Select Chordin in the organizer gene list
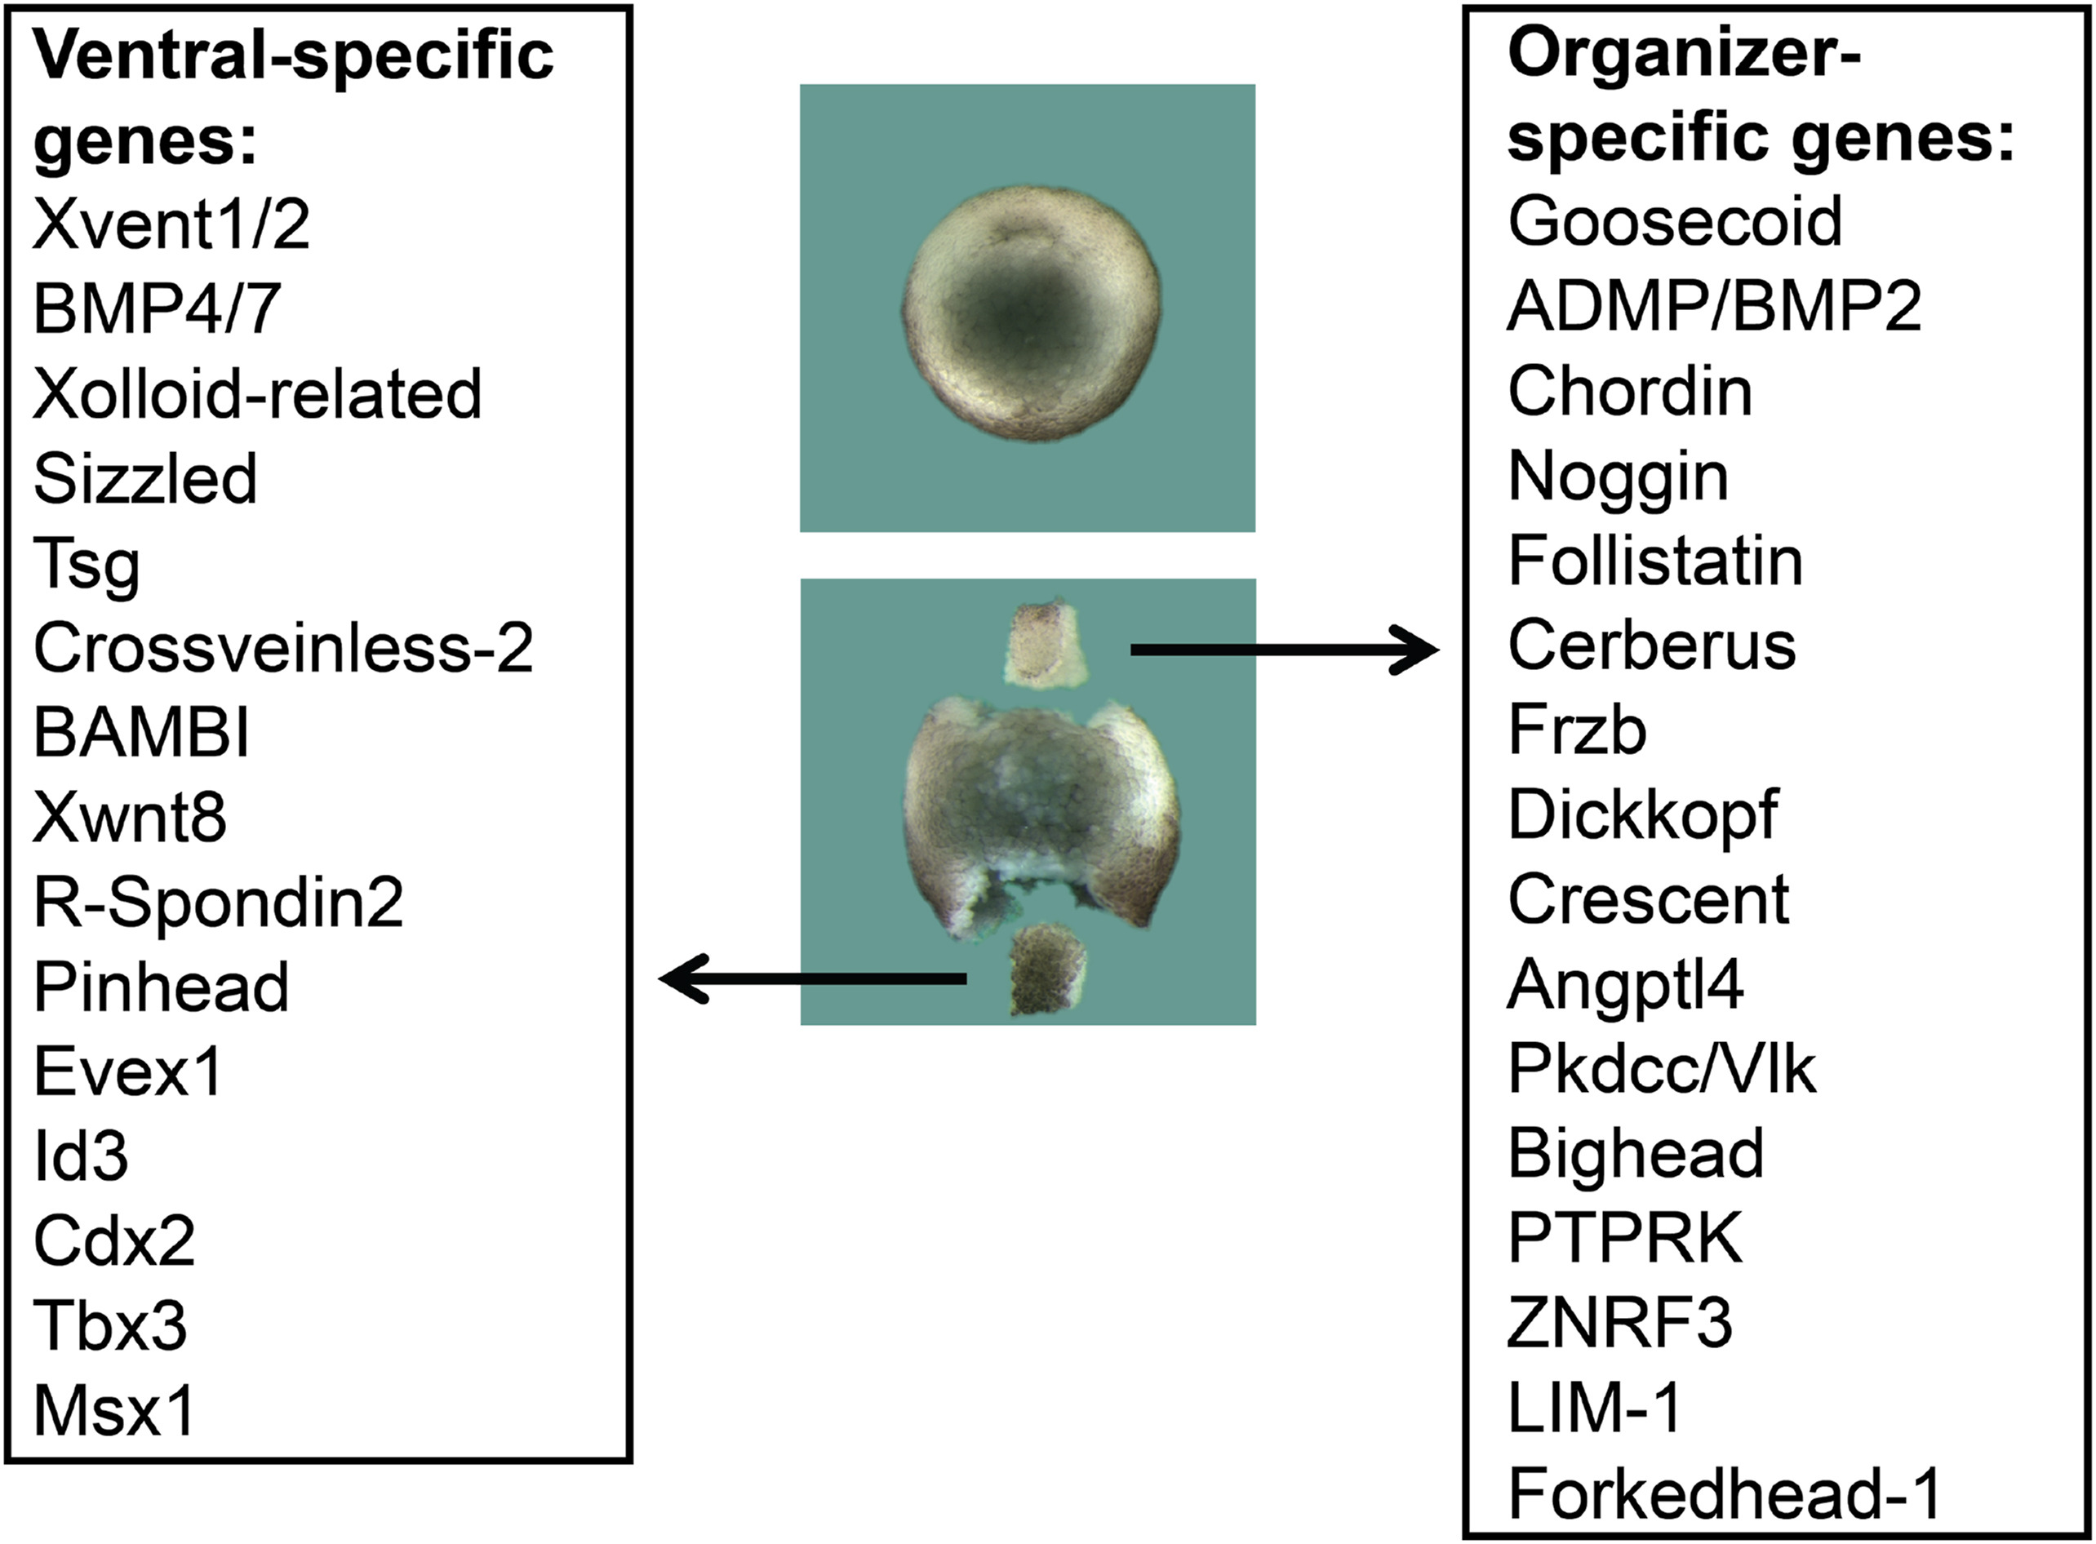coord(1629,392)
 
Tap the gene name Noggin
coord(1618,477)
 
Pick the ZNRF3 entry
coord(1620,1324)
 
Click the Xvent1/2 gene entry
coord(171,225)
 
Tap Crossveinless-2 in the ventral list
coord(283,648)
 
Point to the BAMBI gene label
coord(141,734)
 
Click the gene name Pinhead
coord(161,987)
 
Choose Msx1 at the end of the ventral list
coord(114,1411)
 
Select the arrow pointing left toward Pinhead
coord(814,978)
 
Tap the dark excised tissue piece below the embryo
coord(1048,969)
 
